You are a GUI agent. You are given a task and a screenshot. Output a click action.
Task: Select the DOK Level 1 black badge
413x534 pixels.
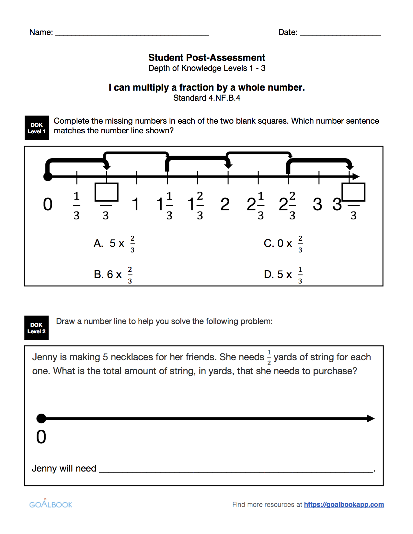click(37, 128)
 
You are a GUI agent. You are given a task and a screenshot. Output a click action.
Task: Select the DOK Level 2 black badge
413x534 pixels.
click(36, 328)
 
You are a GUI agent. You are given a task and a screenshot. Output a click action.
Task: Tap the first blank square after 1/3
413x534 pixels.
click(106, 192)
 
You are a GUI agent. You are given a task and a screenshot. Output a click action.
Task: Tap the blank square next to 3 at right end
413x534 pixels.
click(353, 192)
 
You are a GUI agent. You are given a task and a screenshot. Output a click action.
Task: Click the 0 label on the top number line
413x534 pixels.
click(48, 205)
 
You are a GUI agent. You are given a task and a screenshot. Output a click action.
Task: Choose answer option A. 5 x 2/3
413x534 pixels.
click(114, 243)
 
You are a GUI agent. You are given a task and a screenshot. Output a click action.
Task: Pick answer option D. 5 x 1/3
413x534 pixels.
click(283, 274)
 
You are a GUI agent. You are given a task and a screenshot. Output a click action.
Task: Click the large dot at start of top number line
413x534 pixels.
click(48, 177)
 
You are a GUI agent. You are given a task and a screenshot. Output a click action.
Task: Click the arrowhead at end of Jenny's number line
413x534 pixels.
click(371, 418)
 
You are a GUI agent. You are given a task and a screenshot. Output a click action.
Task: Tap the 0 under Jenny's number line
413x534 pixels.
click(41, 437)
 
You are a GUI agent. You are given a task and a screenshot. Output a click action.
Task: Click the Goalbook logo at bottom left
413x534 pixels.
click(51, 504)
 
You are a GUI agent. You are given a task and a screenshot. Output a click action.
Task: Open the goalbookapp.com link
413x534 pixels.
click(344, 505)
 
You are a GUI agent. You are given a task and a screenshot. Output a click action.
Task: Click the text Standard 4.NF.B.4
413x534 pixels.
click(207, 98)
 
